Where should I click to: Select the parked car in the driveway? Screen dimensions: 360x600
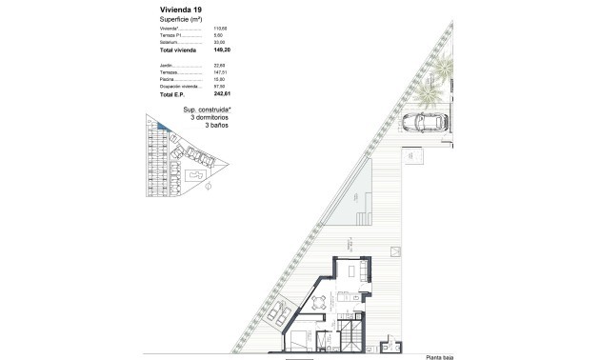click(x=424, y=122)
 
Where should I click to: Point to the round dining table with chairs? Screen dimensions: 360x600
click(x=322, y=305)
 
